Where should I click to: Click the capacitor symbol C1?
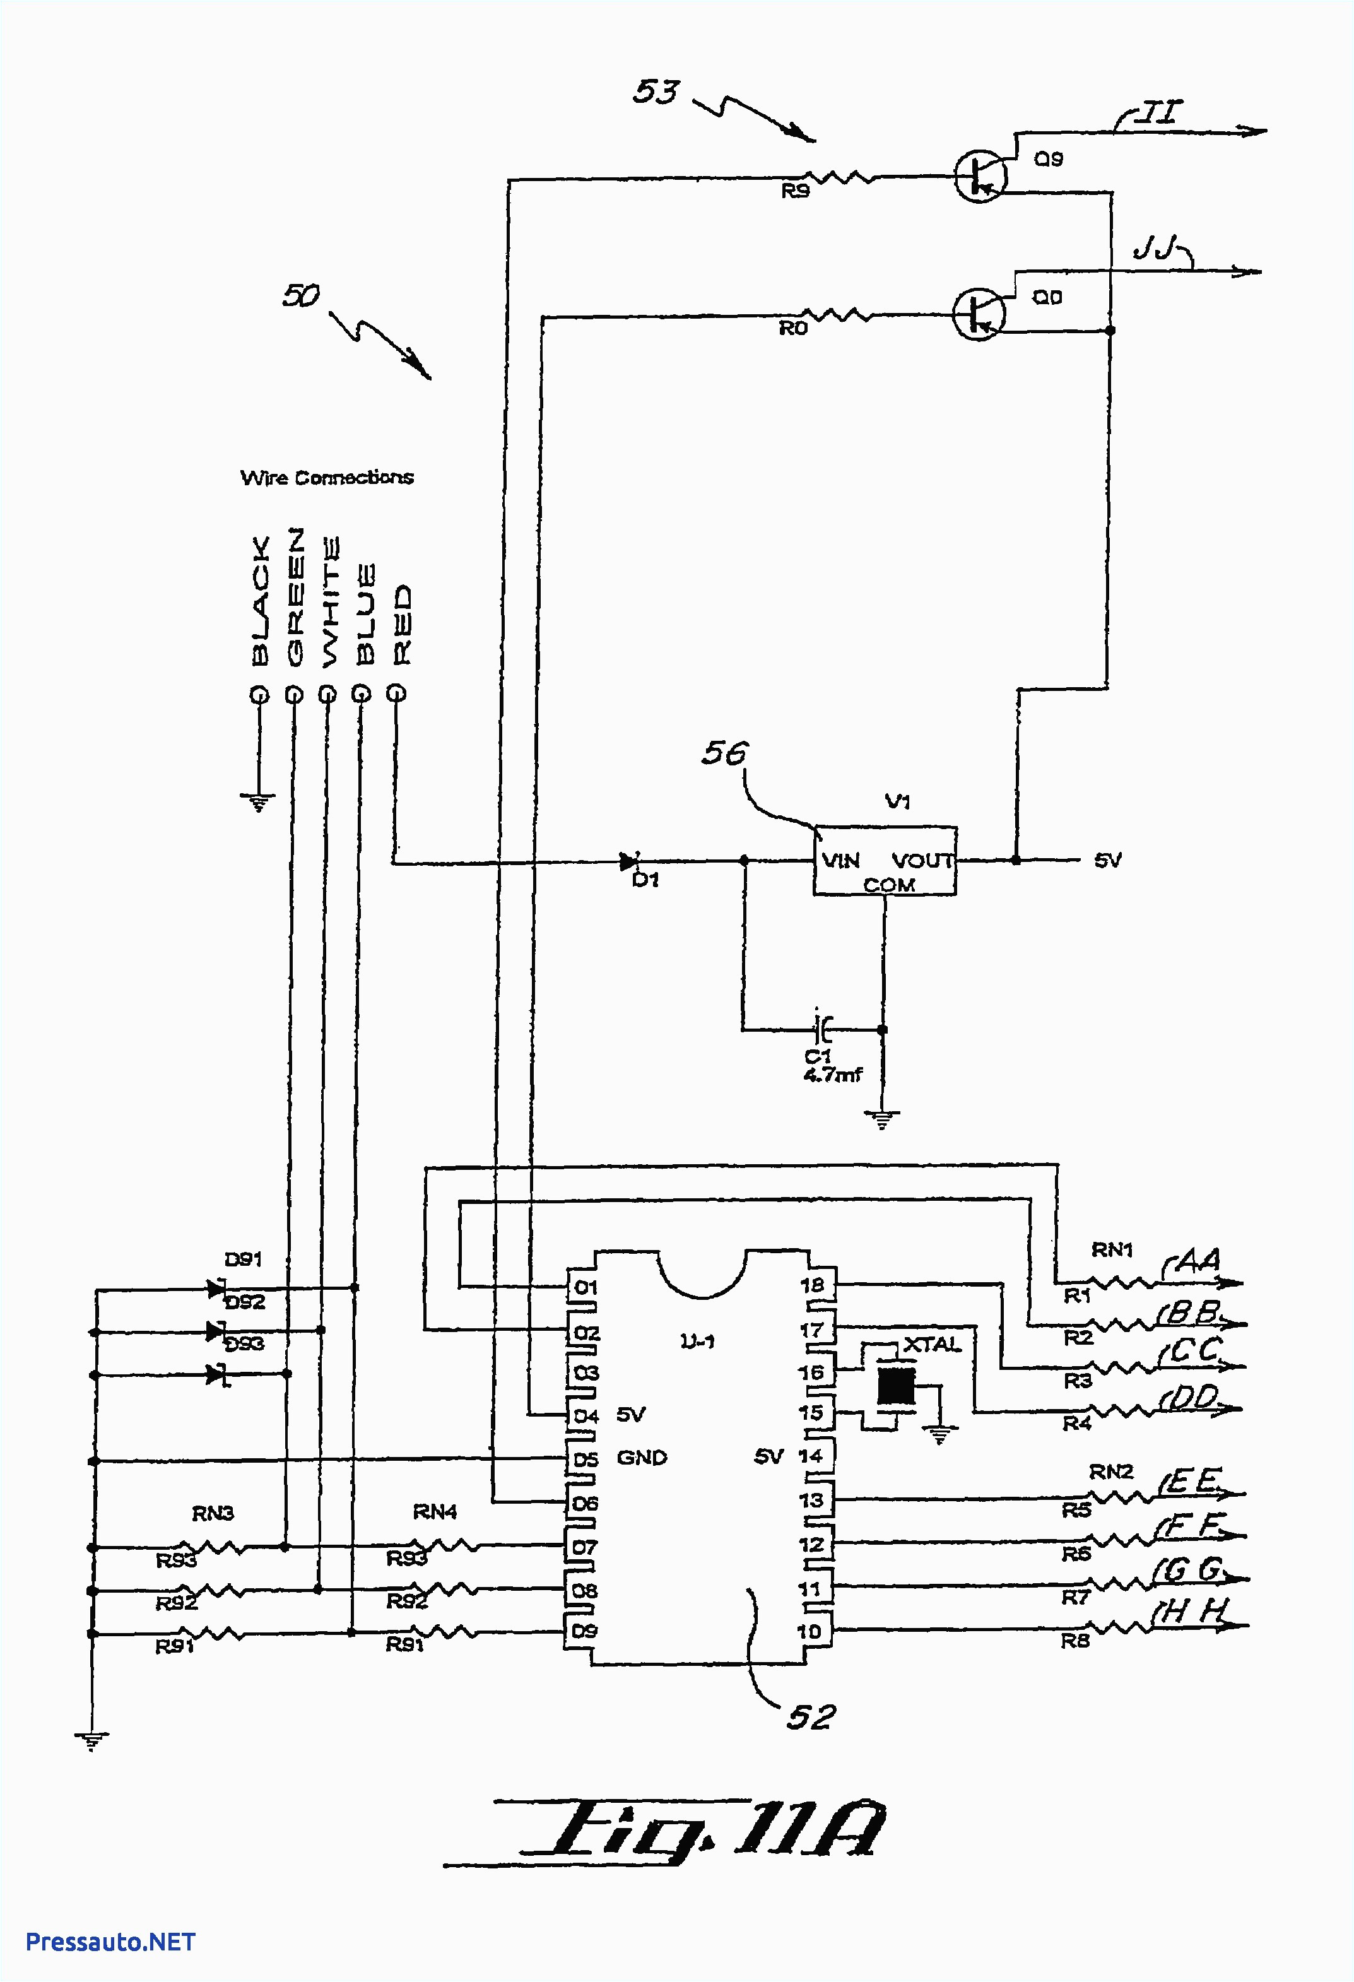point(822,1029)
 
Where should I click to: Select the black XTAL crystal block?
point(896,1386)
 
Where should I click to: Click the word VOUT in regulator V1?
point(922,861)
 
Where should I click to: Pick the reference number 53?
point(656,91)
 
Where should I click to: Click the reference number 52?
point(810,1718)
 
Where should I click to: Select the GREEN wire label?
point(294,596)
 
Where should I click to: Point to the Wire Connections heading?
point(327,478)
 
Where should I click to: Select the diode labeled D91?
point(216,1288)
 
